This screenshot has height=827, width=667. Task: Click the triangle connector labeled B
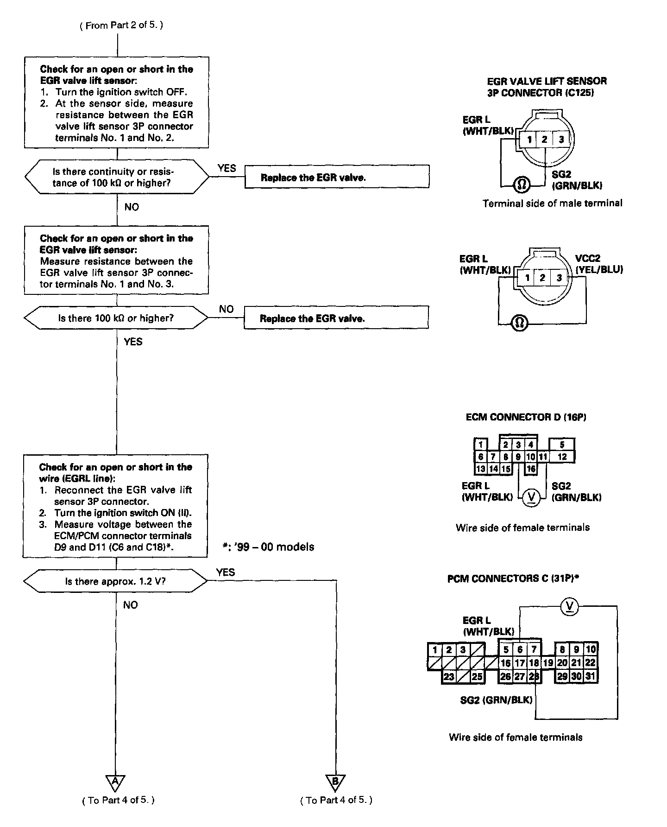tap(335, 782)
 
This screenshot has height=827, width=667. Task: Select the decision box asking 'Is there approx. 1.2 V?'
tap(116, 581)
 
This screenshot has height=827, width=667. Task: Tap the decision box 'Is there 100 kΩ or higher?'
tap(116, 318)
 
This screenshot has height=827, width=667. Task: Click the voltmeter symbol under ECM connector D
tap(531, 497)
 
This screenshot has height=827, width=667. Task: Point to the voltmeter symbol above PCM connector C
tap(569, 606)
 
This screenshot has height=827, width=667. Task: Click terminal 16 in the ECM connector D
tap(531, 469)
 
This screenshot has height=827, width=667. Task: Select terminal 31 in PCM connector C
tap(590, 676)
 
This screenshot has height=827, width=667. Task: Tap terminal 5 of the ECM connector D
tap(562, 445)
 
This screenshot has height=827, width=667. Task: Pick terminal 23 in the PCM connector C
tap(448, 676)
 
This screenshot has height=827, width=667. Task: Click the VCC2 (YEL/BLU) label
tap(599, 264)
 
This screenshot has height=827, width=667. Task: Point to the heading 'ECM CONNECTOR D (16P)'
tap(526, 417)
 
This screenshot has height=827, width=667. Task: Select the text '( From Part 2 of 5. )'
tap(122, 25)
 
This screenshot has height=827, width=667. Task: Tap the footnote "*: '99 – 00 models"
tap(268, 547)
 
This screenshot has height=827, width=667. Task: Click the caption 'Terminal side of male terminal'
tap(552, 203)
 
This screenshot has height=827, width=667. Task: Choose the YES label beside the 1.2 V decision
tap(226, 573)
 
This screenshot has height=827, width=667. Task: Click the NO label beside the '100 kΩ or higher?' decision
tap(226, 309)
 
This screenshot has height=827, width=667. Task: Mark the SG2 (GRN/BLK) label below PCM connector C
tap(496, 700)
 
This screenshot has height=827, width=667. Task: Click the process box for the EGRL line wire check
tap(115, 506)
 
